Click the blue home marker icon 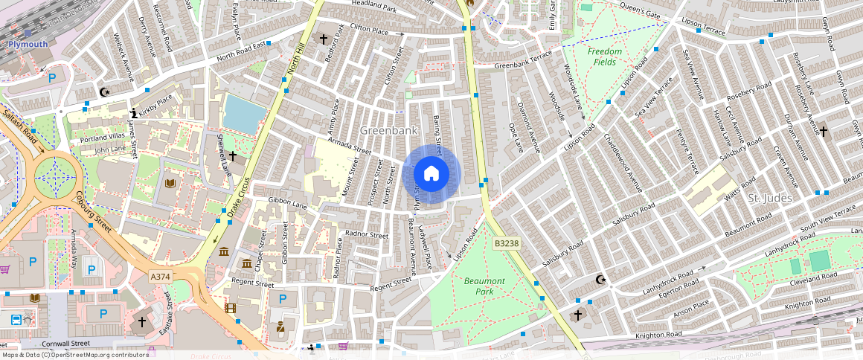coord(431,174)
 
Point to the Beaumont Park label coord(484,286)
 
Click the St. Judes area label coord(769,199)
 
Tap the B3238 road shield coord(506,243)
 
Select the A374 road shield coord(161,277)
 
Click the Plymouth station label coord(28,44)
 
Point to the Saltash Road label coord(19,134)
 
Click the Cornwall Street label coord(65,344)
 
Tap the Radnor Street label coord(368,235)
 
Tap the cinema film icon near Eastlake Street coord(231,308)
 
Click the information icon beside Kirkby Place coord(134,113)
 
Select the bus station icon coord(16,321)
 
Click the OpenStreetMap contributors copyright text coord(74,355)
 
